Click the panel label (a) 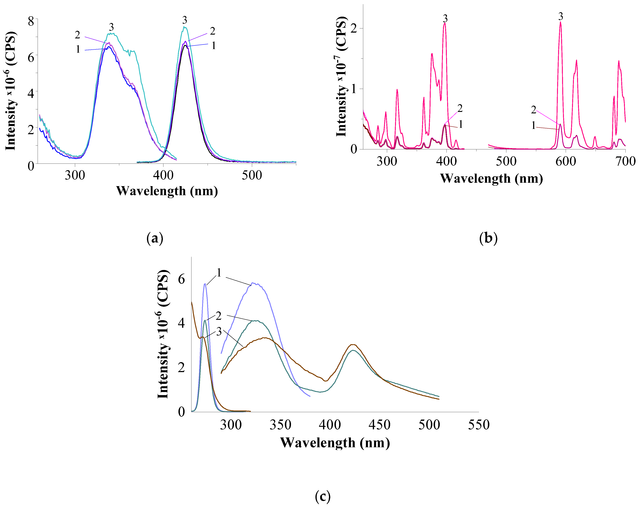[x=155, y=238]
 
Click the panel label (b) [x=488, y=238]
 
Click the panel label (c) [x=322, y=496]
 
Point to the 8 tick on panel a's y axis [x=31, y=22]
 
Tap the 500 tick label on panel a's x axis [x=252, y=175]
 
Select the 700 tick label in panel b [x=625, y=162]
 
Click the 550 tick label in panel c [x=479, y=425]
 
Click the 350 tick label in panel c [x=280, y=425]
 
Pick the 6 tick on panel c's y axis [x=181, y=279]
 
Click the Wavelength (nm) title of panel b [x=491, y=179]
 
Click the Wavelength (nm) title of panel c [x=335, y=443]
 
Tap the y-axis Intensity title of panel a [x=11, y=90]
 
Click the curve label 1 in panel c [x=219, y=273]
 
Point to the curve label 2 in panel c [x=218, y=316]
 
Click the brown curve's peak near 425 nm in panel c [x=352, y=345]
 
